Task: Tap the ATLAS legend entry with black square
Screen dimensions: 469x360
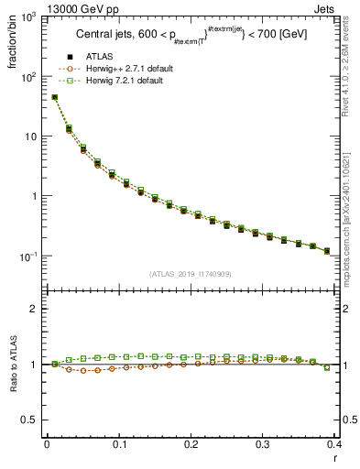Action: (104, 57)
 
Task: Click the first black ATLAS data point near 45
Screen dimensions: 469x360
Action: (54, 97)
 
